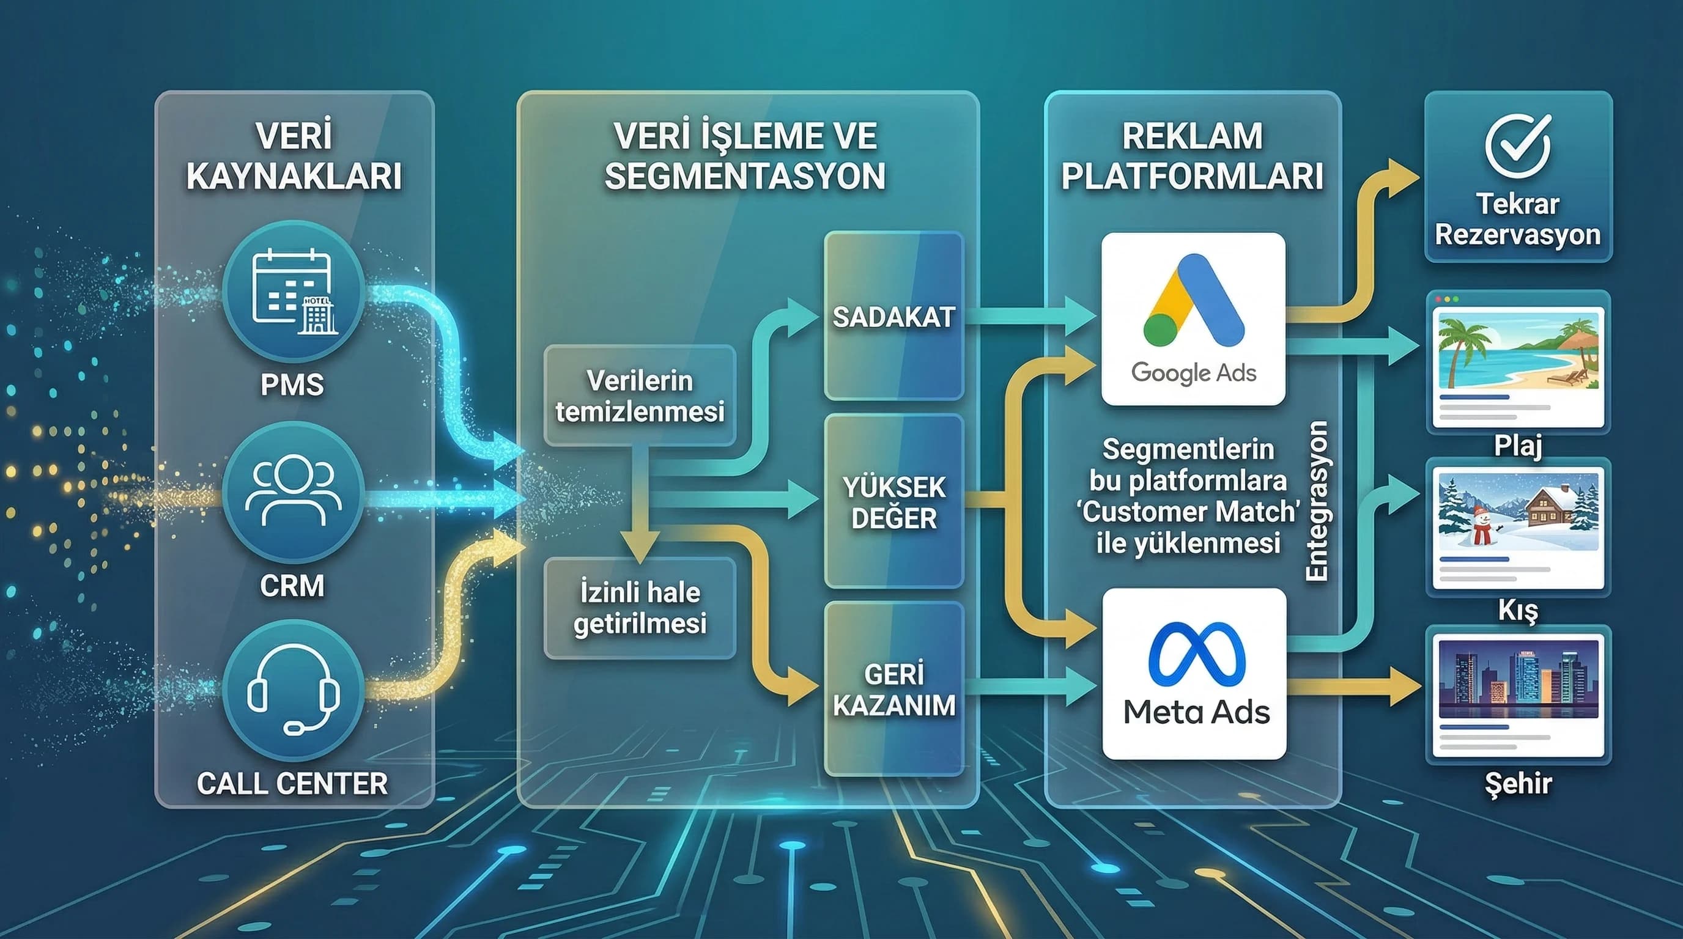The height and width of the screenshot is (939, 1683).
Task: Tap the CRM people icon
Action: tap(294, 491)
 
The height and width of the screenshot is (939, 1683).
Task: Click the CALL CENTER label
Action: tap(292, 784)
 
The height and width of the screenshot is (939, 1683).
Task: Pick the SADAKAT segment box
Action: tap(893, 317)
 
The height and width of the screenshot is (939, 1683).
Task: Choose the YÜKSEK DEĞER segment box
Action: tap(893, 501)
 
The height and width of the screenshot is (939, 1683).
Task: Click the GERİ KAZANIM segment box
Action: tap(893, 690)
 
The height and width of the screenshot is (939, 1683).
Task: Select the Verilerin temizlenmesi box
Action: tap(640, 396)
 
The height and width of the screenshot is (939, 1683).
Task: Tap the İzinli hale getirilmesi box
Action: tap(640, 607)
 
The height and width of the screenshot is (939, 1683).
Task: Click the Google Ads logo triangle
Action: tap(1194, 301)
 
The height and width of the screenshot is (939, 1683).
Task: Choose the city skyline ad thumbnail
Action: tap(1517, 679)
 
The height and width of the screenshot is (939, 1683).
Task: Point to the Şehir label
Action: tap(1517, 783)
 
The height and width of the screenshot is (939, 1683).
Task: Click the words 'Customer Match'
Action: tap(1188, 512)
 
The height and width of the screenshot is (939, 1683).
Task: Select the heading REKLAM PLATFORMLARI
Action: tap(1193, 156)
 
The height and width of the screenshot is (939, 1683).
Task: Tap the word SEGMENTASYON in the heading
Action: tap(745, 176)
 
